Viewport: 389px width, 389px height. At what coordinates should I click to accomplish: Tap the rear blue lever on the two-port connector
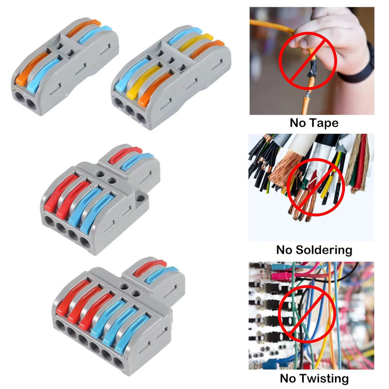coord(95,34)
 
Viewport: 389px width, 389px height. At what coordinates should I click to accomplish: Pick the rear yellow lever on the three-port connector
coord(196,42)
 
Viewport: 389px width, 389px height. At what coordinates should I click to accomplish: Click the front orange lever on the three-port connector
coord(155,89)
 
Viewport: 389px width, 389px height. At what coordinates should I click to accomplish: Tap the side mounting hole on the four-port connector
coord(140,198)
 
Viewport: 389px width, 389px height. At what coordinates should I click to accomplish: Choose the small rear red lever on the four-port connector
coord(125,155)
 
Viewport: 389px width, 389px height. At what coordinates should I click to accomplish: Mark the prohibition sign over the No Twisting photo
coord(306,314)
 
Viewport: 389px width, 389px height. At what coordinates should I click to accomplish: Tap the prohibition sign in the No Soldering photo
coord(316,187)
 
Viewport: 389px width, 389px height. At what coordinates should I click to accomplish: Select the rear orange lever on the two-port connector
coord(84,28)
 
